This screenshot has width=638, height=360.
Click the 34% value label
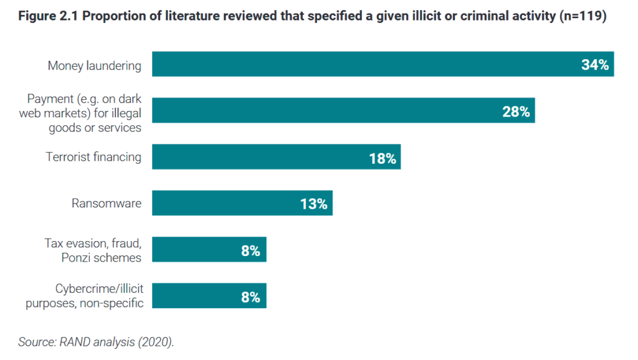(594, 65)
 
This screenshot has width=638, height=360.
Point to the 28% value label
(516, 111)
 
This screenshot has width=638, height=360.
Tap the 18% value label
(382, 158)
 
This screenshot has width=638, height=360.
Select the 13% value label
(313, 204)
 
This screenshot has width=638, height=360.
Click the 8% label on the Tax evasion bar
(250, 250)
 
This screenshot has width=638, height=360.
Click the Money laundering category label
(95, 65)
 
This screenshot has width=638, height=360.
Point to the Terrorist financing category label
(93, 157)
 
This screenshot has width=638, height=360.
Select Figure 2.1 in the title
(48, 16)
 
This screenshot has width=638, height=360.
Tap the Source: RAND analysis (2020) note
(95, 342)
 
